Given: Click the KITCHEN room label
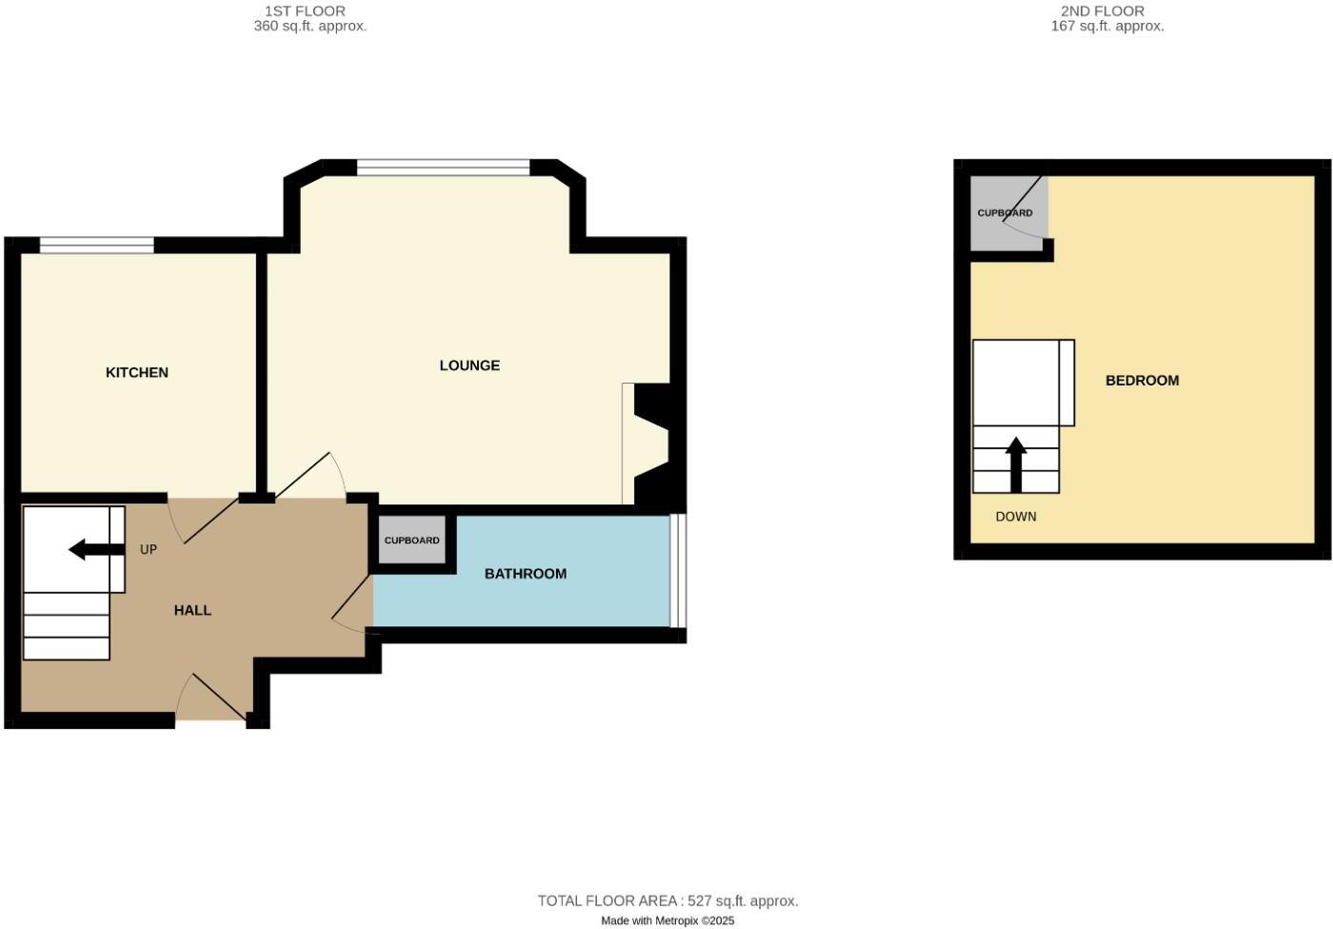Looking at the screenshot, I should pyautogui.click(x=137, y=372).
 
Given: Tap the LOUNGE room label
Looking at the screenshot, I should pyautogui.click(x=469, y=366).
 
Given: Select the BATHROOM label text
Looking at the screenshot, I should pyautogui.click(x=526, y=573).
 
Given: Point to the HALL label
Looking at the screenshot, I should pyautogui.click(x=192, y=610).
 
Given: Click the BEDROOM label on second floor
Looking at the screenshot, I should pyautogui.click(x=1142, y=380).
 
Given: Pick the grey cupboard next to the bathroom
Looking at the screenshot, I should pyautogui.click(x=412, y=540).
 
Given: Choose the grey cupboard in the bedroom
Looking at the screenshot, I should pyautogui.click(x=1005, y=213).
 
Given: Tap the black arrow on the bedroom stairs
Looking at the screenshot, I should pyautogui.click(x=1016, y=464).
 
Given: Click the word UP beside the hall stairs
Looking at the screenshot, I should pyautogui.click(x=149, y=549).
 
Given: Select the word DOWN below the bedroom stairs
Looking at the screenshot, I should pyautogui.click(x=1016, y=517).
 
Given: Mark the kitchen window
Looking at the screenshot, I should pyautogui.click(x=97, y=246).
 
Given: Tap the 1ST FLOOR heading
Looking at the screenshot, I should pyautogui.click(x=305, y=10).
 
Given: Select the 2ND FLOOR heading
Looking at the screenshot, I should pyautogui.click(x=1103, y=10).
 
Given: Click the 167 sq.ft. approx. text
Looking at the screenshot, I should pyautogui.click(x=1107, y=27).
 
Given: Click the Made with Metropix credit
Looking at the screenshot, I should pyautogui.click(x=667, y=920).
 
